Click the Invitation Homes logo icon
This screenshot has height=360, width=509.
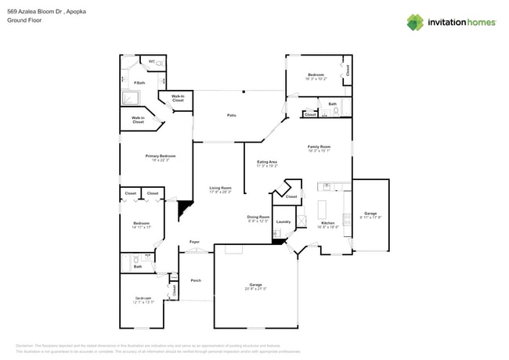coord(415,22)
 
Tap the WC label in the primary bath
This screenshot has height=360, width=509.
coord(151,61)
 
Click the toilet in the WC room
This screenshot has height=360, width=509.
coord(161,61)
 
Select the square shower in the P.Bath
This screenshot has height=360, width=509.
coord(130,99)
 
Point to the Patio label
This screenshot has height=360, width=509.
coord(232,115)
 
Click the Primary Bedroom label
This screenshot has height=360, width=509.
coord(161,156)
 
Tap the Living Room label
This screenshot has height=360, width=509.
coord(221,187)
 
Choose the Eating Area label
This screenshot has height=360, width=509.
coord(267,162)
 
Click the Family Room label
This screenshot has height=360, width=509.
coord(319,146)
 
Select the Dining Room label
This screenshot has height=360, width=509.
coord(258,217)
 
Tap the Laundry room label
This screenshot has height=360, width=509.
coord(283,221)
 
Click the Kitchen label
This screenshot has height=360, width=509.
coord(328,223)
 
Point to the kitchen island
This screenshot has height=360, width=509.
coord(322,209)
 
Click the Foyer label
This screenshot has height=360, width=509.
coord(194,242)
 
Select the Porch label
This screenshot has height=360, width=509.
coord(196,280)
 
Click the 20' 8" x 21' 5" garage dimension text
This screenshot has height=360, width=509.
coord(255,289)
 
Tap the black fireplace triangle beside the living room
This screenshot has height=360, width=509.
coord(186,209)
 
